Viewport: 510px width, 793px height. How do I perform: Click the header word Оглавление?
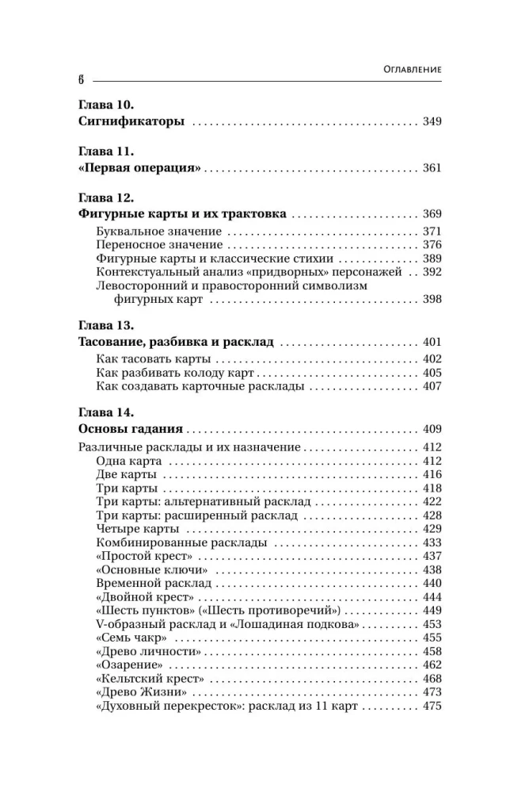406,70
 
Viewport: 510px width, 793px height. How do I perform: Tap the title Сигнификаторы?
132,122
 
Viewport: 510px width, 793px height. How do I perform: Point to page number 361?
432,168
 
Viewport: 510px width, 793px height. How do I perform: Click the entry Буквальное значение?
158,231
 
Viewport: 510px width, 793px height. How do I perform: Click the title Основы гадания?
131,430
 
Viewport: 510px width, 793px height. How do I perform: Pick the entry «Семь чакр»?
131,638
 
